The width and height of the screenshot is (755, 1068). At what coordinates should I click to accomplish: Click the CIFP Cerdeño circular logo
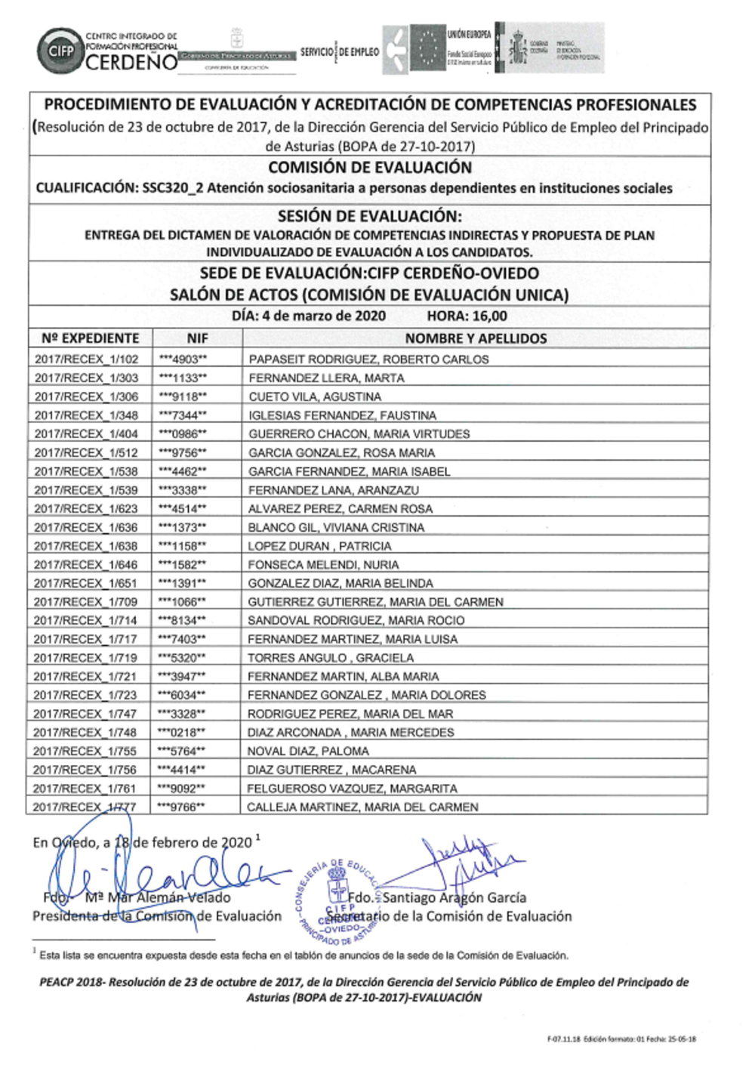coord(60,51)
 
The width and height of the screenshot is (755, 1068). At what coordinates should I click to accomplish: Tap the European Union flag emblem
coord(428,48)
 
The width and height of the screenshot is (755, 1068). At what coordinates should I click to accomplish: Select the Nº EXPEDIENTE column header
coord(91,338)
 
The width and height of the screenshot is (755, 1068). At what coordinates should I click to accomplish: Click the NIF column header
coord(197,338)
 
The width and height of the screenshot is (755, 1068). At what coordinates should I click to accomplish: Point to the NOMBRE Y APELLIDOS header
coord(476,338)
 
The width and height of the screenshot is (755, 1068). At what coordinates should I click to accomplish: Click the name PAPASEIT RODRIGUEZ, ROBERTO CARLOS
coord(368,360)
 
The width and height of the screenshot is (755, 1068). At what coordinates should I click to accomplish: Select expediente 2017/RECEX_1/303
coord(86,378)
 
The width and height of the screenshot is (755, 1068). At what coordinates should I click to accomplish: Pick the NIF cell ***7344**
coord(183,415)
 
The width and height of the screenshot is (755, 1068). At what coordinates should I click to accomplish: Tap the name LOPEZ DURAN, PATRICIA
coord(319,546)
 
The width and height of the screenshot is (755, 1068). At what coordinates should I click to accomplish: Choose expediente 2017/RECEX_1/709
coord(85,602)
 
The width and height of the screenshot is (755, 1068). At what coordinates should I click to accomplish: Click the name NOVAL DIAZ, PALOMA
coord(308,752)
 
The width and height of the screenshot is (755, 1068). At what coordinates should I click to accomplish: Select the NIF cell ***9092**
coord(181,789)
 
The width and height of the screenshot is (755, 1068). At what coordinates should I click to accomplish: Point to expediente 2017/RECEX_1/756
coord(85,770)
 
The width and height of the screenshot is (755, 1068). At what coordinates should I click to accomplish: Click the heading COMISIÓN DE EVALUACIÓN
coord(370,168)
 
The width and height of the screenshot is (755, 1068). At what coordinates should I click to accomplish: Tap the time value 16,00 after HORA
coord(490,316)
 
